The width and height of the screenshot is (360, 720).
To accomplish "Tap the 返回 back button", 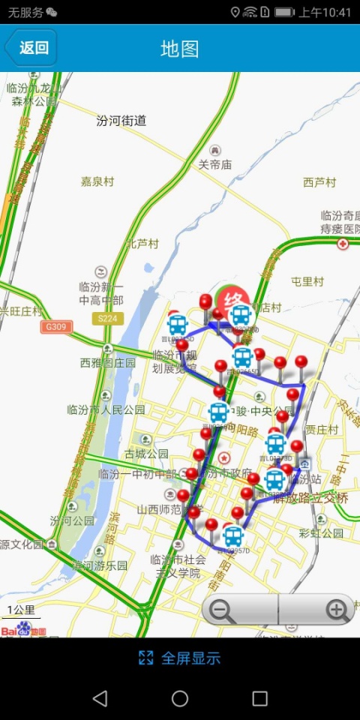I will pos(31,48).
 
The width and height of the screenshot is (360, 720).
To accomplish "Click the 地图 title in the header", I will pos(180,49).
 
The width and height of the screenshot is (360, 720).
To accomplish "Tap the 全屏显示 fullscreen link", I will pos(180,658).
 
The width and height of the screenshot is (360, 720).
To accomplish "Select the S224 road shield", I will pos(108,319).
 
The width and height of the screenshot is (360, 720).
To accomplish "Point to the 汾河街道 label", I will pos(121,120).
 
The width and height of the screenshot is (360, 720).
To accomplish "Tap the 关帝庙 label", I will pos(214,165).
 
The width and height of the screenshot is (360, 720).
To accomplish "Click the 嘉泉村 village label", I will pos(97,181).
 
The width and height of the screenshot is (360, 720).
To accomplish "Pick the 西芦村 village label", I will pos(319,182).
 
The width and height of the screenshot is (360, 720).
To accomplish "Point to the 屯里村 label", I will pos(307,282).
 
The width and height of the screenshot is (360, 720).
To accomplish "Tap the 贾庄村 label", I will pos(321,430).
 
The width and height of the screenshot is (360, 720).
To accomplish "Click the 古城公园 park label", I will pos(146,454).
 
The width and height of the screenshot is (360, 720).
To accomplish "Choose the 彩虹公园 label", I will pos(320,533).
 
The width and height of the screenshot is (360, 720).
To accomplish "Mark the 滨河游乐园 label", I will pos(100,565).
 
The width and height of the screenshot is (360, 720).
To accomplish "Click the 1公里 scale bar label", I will pos(20,609).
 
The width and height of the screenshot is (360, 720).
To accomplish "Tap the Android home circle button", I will pos(180,699).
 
